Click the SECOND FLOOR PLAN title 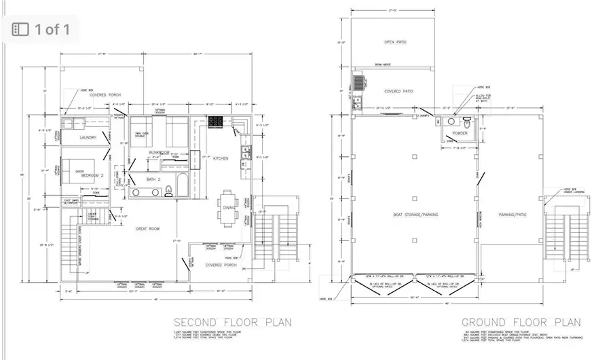coord(232,322)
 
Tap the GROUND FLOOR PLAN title coord(521,322)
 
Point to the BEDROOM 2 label coord(92,175)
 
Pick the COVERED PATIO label coord(399,91)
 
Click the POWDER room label coord(460,134)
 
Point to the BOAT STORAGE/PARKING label coord(415,215)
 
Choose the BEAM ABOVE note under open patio coord(382,65)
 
